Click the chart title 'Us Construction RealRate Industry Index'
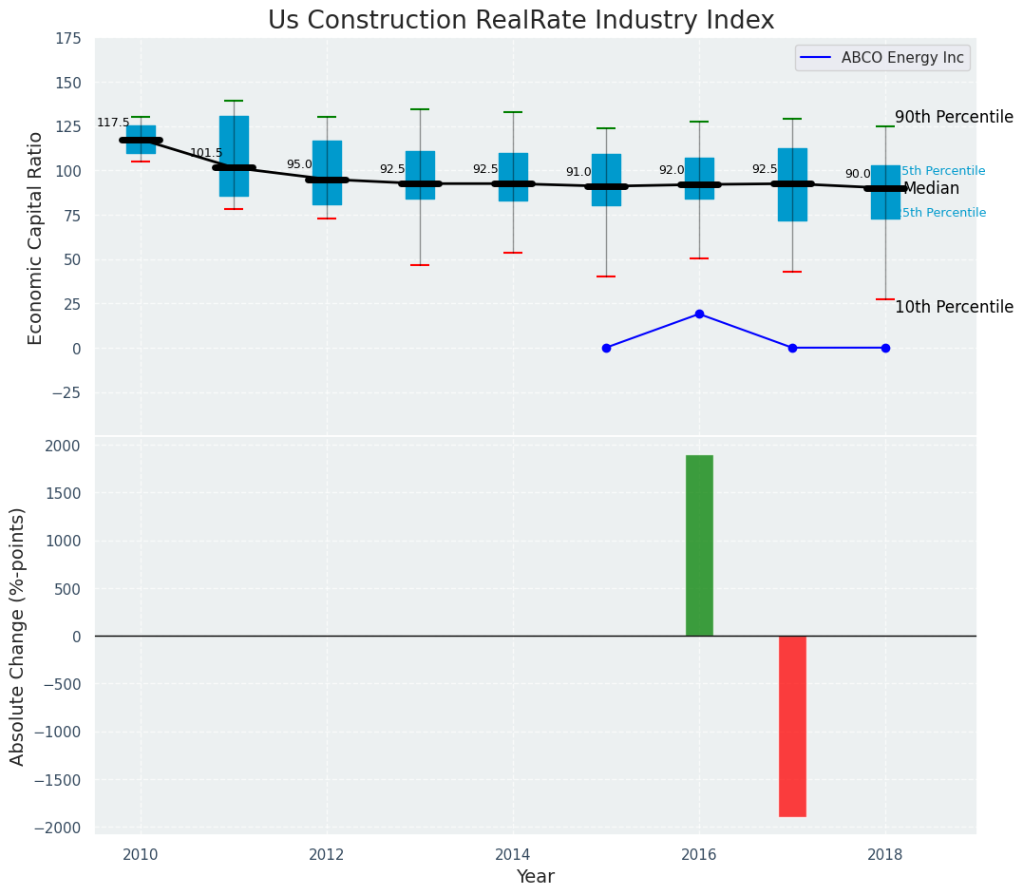[521, 21]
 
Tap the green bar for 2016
[699, 545]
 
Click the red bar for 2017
[792, 726]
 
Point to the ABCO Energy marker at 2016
[699, 314]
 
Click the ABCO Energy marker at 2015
[606, 348]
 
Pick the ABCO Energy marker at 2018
[885, 348]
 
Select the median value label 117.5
[113, 124]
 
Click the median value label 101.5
[206, 153]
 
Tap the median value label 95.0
[299, 164]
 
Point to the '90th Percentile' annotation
[954, 118]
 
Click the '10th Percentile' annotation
[954, 308]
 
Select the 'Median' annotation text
[931, 189]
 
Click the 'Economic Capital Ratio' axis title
[36, 238]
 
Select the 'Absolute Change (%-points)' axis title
[18, 636]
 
